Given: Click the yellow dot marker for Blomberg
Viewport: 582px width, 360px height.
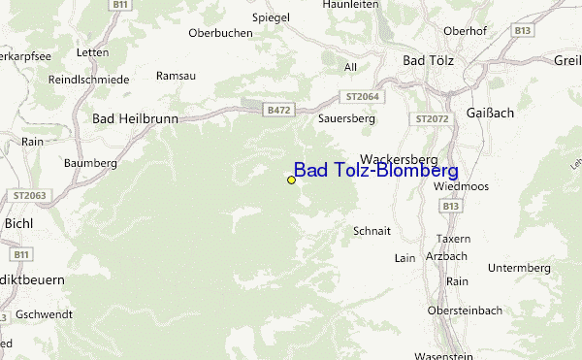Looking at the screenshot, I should (291, 180).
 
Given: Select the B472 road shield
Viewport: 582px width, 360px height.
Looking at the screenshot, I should (278, 111).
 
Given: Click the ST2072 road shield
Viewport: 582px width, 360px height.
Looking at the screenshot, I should (433, 118).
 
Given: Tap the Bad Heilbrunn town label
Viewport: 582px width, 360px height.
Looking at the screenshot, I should (135, 117).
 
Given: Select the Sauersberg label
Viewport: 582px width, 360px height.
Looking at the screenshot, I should (346, 117).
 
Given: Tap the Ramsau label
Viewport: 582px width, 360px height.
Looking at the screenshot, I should (175, 75).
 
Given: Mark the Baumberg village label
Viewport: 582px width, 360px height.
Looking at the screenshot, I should (90, 163).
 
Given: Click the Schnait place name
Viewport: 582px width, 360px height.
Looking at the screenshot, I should (372, 231).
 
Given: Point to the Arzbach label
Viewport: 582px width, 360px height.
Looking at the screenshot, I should (446, 256).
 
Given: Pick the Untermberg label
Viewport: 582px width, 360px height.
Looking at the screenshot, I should (519, 268).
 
